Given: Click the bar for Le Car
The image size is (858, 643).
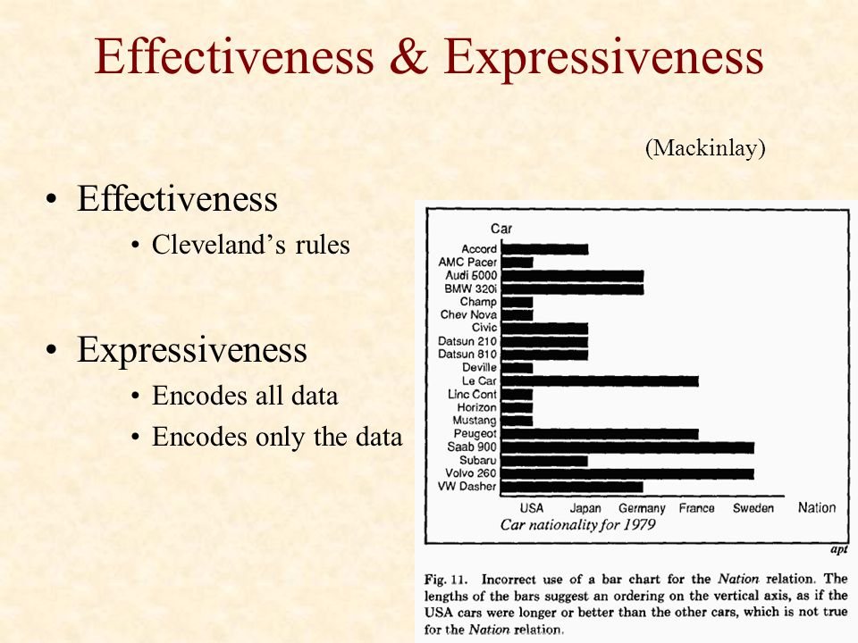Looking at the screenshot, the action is [600, 381].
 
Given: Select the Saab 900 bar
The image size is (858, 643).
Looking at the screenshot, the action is [627, 447].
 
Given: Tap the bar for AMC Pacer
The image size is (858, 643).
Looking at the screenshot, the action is [517, 263].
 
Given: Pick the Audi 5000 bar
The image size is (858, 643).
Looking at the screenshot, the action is [572, 276].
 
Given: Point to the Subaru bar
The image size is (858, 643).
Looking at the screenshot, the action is [544, 461].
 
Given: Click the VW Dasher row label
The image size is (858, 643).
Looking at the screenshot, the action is [467, 486].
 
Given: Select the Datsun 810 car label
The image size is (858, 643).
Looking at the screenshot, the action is [467, 355].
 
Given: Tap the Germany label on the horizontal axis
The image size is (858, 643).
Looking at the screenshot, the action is [642, 508].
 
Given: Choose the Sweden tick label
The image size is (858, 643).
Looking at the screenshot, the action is [753, 508].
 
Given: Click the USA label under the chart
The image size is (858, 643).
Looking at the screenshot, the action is [531, 508].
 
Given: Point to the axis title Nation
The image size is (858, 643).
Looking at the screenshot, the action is [816, 508].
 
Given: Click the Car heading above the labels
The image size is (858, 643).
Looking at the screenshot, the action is [501, 230].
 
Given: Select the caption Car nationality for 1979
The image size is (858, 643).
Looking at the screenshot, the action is [578, 525].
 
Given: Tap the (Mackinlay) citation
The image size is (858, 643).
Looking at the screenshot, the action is [705, 147].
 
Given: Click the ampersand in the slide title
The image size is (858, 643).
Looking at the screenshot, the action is [408, 56].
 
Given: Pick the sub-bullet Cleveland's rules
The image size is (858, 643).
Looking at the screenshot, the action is [250, 245].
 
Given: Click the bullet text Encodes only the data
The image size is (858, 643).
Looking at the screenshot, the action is [277, 437].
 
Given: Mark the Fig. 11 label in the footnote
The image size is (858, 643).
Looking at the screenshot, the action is [445, 580].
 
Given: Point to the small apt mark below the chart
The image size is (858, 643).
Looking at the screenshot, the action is [839, 549].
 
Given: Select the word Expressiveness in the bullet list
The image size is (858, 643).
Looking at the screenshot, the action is [192, 349].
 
